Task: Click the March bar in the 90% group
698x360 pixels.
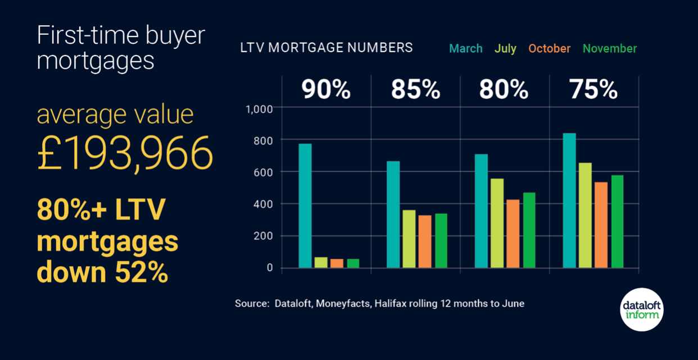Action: (305, 206)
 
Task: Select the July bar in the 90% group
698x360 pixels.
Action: (321, 262)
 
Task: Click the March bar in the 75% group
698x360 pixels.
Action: (569, 200)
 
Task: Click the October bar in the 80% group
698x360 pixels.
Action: (513, 234)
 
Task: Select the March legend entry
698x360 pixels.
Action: (466, 49)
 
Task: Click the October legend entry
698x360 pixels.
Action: (549, 49)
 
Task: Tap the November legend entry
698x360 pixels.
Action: (610, 49)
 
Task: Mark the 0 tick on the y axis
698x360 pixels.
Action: (270, 268)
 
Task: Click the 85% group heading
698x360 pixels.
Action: (415, 90)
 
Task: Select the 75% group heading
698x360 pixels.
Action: (593, 90)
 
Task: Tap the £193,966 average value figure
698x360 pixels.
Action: (125, 153)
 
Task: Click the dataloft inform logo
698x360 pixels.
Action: (643, 309)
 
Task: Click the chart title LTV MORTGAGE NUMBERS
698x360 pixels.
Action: (327, 48)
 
